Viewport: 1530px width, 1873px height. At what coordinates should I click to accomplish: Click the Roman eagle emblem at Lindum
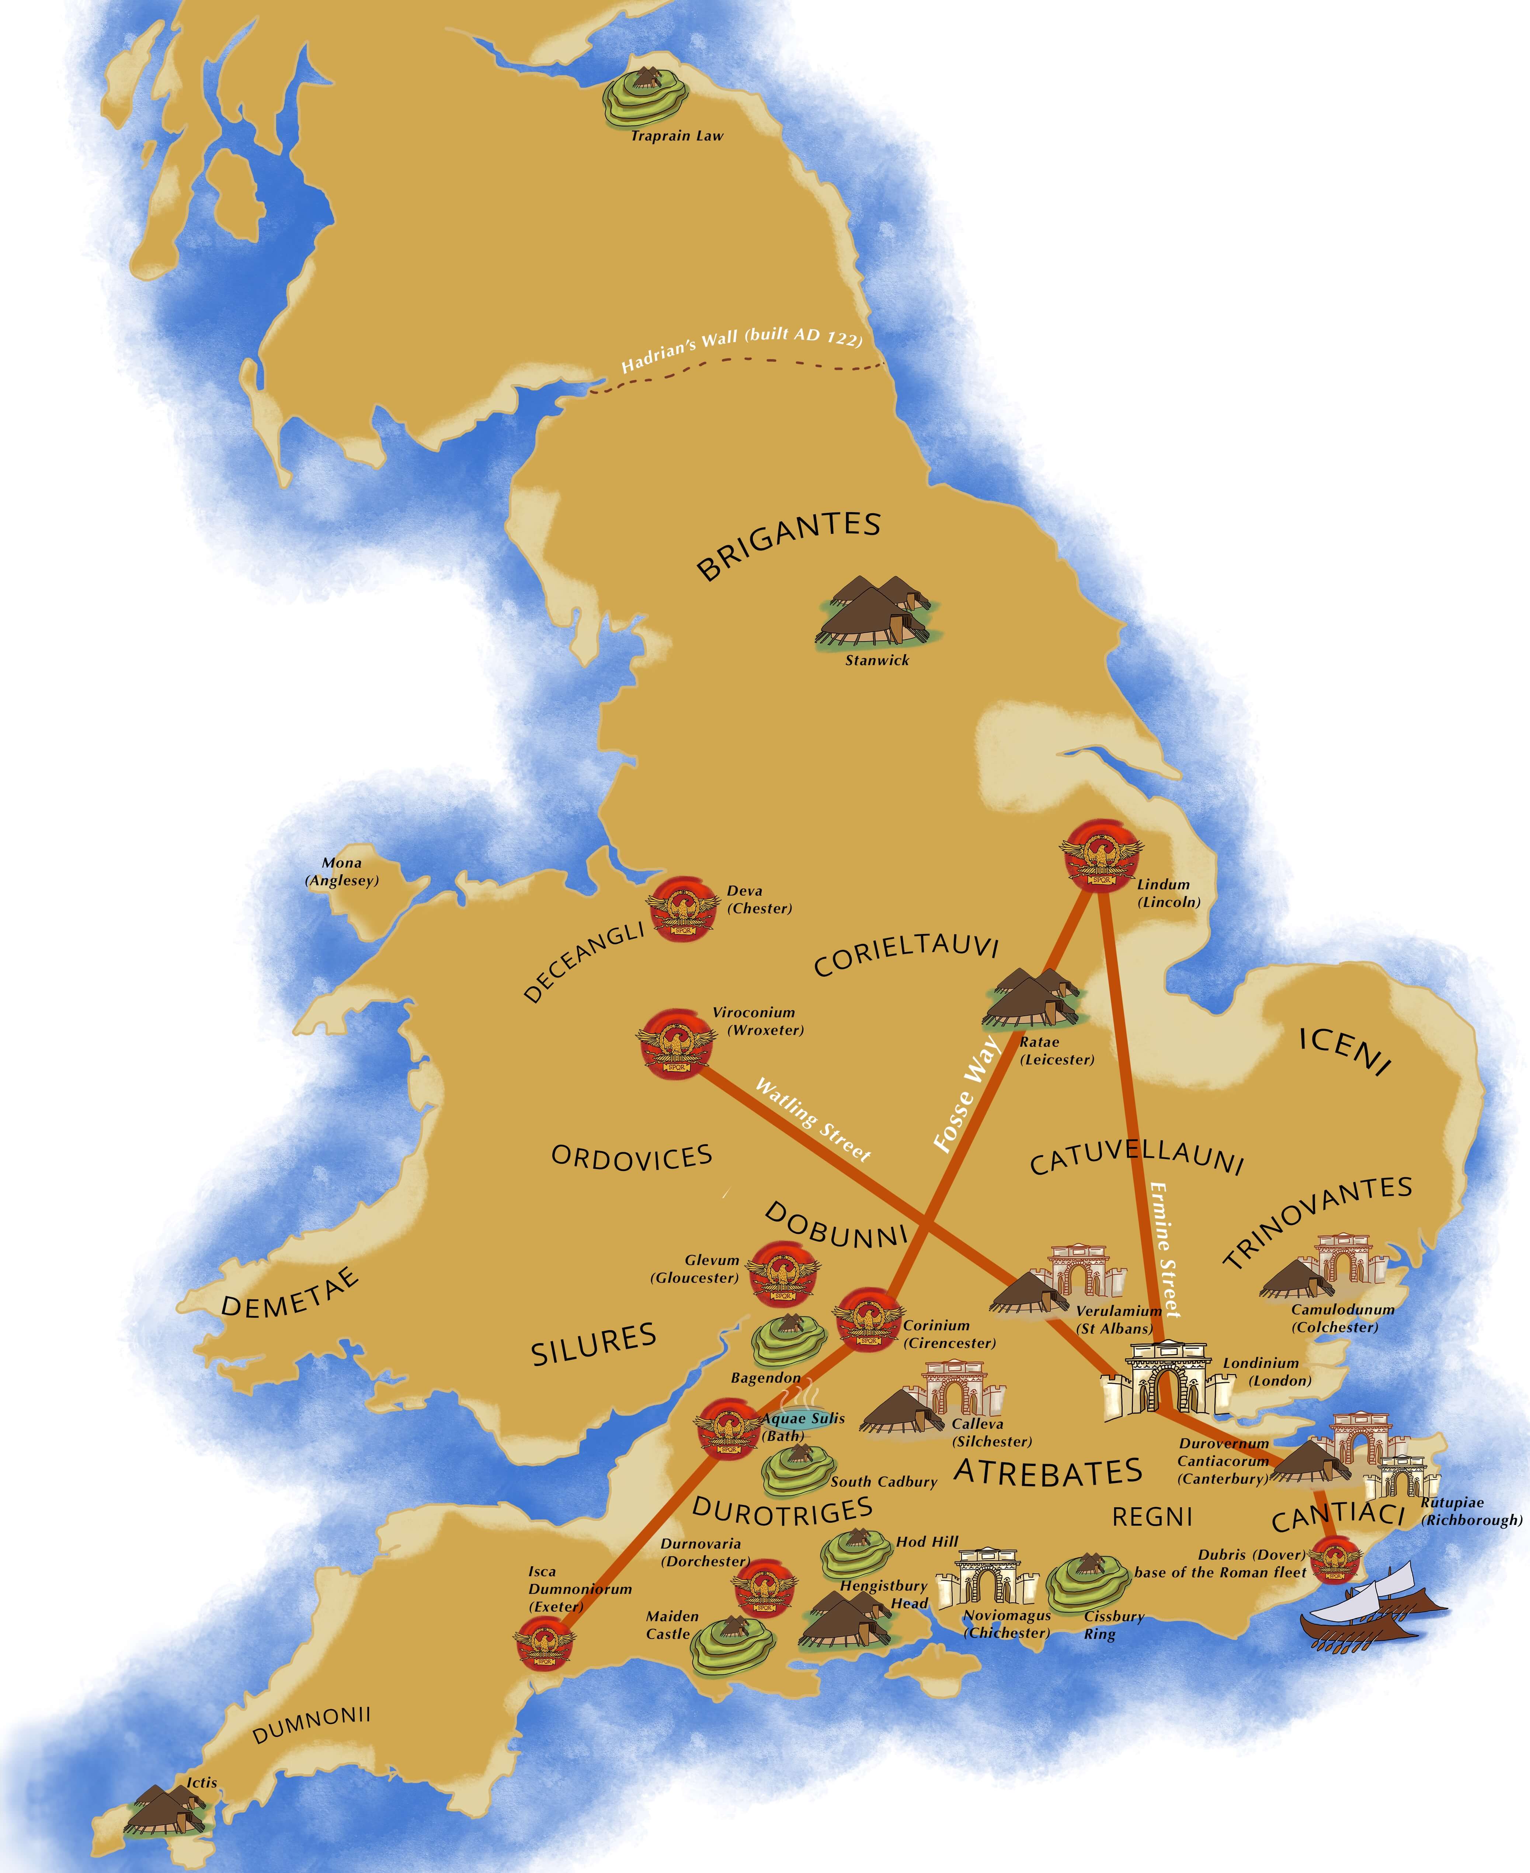click(1101, 855)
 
